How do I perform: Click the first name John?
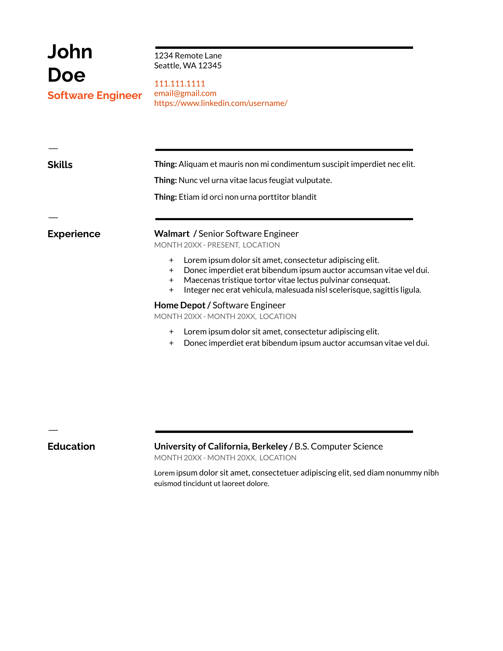pyautogui.click(x=70, y=52)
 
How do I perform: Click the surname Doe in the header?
pyautogui.click(x=67, y=75)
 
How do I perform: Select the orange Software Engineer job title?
pyautogui.click(x=95, y=95)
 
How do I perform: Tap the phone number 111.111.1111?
pyautogui.click(x=180, y=83)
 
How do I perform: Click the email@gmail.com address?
pyautogui.click(x=185, y=93)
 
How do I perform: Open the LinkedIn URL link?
pyautogui.click(x=220, y=103)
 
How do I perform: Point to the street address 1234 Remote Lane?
pyautogui.click(x=188, y=56)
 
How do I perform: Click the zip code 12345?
pyautogui.click(x=210, y=66)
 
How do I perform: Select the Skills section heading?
pyautogui.click(x=60, y=165)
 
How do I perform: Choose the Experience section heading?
pyautogui.click(x=74, y=234)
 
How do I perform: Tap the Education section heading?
pyautogui.click(x=71, y=447)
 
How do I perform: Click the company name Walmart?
pyautogui.click(x=172, y=234)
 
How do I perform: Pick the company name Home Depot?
pyautogui.click(x=180, y=305)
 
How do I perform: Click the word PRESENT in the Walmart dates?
pyautogui.click(x=223, y=245)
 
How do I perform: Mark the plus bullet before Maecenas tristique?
pyautogui.click(x=171, y=280)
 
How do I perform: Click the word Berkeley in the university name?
pyautogui.click(x=269, y=447)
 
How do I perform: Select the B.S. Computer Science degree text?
pyautogui.click(x=338, y=447)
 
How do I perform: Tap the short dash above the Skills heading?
pyautogui.click(x=53, y=149)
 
